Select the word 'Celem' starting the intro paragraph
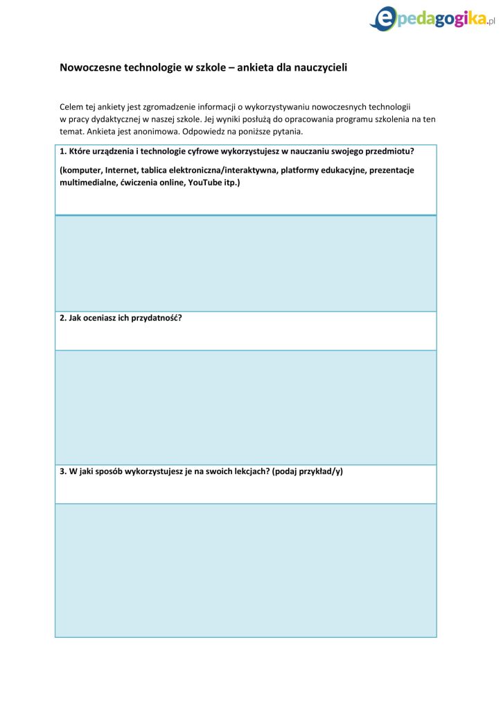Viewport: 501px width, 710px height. pyautogui.click(x=71, y=107)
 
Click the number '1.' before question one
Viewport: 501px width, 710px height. pyautogui.click(x=63, y=151)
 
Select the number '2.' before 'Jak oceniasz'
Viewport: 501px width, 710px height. pyautogui.click(x=63, y=319)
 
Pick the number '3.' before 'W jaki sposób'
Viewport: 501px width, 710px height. pyautogui.click(x=63, y=471)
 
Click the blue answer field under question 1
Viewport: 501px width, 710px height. pyautogui.click(x=245, y=263)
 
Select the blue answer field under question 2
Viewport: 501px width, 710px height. pyautogui.click(x=245, y=407)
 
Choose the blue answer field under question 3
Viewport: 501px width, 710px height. pyautogui.click(x=245, y=570)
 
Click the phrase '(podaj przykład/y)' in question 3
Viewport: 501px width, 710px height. pyautogui.click(x=308, y=471)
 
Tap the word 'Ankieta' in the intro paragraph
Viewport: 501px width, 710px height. pyautogui.click(x=100, y=130)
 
